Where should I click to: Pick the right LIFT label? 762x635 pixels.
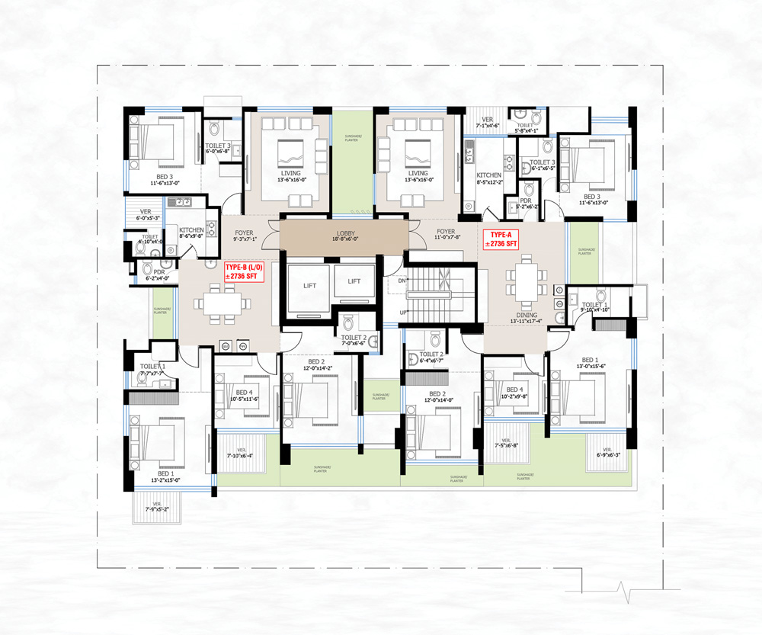pyautogui.click(x=354, y=281)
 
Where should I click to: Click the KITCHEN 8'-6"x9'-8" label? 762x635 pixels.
pyautogui.click(x=191, y=234)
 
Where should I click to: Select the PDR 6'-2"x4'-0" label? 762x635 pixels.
pyautogui.click(x=158, y=274)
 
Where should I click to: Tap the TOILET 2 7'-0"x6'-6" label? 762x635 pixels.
pyautogui.click(x=354, y=340)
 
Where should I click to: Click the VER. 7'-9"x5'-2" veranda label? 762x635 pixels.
pyautogui.click(x=158, y=507)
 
